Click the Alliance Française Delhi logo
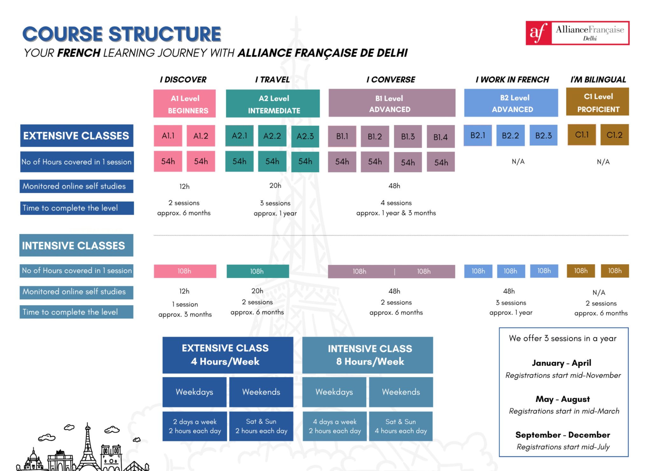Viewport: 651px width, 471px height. tap(577, 33)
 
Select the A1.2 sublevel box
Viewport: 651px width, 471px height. tap(201, 136)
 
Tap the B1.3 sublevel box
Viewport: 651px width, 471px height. tap(408, 137)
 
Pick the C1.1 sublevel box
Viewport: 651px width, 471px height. tap(582, 135)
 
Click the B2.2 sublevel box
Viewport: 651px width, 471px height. tap(510, 136)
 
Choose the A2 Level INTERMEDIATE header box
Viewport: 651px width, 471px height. tap(273, 104)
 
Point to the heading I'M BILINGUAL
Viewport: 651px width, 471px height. tap(598, 79)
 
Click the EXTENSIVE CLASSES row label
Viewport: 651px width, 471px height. tap(77, 136)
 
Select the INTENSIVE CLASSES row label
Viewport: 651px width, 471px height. tap(76, 246)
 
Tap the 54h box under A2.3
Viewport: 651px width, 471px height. tap(305, 162)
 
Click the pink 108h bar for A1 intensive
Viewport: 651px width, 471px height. tap(185, 271)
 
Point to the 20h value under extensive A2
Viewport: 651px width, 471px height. tap(275, 185)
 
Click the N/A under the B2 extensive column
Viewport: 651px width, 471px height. tap(518, 162)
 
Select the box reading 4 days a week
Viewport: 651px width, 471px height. tap(335, 426)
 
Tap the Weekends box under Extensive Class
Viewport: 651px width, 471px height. tap(261, 392)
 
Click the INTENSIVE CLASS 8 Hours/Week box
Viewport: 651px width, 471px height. tap(367, 355)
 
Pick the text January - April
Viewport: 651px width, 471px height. tap(561, 363)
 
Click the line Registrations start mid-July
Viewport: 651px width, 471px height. tap(563, 447)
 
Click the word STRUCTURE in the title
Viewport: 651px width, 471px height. tap(165, 34)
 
